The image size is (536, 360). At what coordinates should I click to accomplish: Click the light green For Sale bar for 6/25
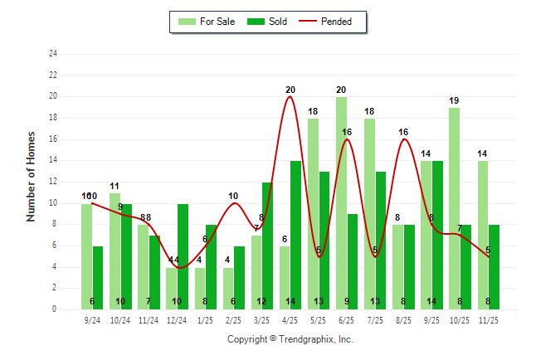point(341,203)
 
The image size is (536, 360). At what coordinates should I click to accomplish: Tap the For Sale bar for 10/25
point(454,208)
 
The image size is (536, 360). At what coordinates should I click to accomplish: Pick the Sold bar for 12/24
point(183,256)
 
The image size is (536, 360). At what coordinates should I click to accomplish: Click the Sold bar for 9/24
point(98,277)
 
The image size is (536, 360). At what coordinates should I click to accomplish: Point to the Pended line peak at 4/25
point(290,97)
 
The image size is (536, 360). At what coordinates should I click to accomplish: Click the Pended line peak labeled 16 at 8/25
point(403,139)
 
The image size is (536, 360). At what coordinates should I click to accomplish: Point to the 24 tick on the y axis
point(53,54)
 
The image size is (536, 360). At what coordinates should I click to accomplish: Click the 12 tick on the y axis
point(53,182)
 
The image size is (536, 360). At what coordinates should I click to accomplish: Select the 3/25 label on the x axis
point(261,319)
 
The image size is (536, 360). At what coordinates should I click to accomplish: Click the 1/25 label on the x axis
point(205,319)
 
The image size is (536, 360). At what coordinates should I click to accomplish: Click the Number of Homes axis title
point(31,176)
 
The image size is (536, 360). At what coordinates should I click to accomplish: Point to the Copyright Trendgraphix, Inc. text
point(290,339)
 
